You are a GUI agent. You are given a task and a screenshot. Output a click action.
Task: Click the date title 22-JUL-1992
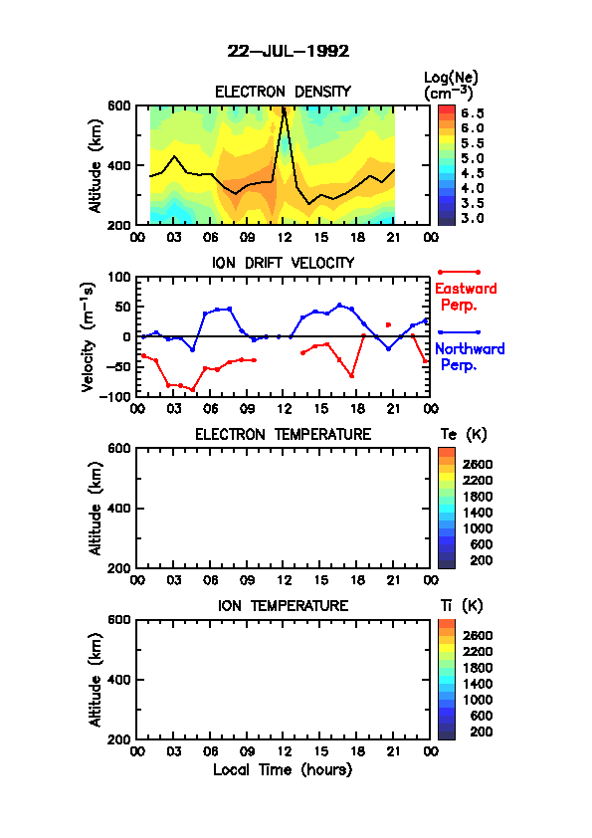(x=288, y=52)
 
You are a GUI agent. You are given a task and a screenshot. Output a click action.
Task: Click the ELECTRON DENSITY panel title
(x=283, y=92)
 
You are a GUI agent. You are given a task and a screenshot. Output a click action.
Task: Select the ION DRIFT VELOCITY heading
(x=283, y=263)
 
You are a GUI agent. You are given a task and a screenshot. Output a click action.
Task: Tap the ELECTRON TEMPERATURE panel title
(x=283, y=434)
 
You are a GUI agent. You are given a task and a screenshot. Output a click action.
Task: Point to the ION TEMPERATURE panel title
(x=283, y=605)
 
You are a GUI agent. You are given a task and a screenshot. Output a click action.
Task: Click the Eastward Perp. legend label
(x=466, y=297)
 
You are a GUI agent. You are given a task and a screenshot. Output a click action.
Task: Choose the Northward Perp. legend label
(x=470, y=357)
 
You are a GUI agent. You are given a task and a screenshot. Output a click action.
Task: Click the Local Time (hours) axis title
(x=283, y=770)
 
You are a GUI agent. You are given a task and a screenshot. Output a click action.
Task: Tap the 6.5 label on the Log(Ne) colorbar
(x=473, y=113)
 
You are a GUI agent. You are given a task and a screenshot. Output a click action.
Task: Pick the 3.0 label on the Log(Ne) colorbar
(x=473, y=218)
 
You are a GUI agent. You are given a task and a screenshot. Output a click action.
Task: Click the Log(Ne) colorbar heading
(x=451, y=85)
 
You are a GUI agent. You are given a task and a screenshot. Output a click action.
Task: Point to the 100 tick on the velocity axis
(x=119, y=277)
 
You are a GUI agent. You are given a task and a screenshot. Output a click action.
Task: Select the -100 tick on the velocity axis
(x=115, y=396)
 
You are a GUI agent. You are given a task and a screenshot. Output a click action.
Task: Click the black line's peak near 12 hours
(x=284, y=107)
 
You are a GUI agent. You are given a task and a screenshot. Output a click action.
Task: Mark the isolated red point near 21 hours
(x=388, y=324)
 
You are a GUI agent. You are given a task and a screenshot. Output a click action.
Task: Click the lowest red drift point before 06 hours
(x=192, y=389)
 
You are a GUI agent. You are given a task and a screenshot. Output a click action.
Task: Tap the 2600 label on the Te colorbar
(x=478, y=465)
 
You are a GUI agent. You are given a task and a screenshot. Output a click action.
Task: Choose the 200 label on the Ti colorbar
(x=481, y=732)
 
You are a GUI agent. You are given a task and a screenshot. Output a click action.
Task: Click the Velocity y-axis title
(x=89, y=336)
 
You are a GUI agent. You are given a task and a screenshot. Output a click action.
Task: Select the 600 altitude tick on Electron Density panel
(x=119, y=105)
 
